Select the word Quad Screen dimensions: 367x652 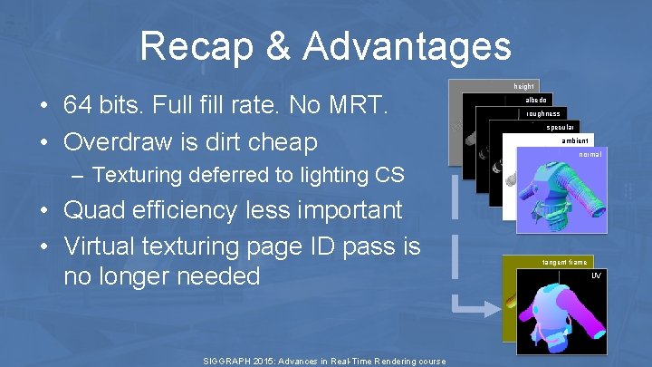[x=93, y=210]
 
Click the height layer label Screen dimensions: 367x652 [x=523, y=86]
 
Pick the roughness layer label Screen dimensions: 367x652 [x=543, y=114]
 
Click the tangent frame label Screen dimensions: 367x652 [x=564, y=263]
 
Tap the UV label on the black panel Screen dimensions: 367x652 [x=596, y=275]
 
